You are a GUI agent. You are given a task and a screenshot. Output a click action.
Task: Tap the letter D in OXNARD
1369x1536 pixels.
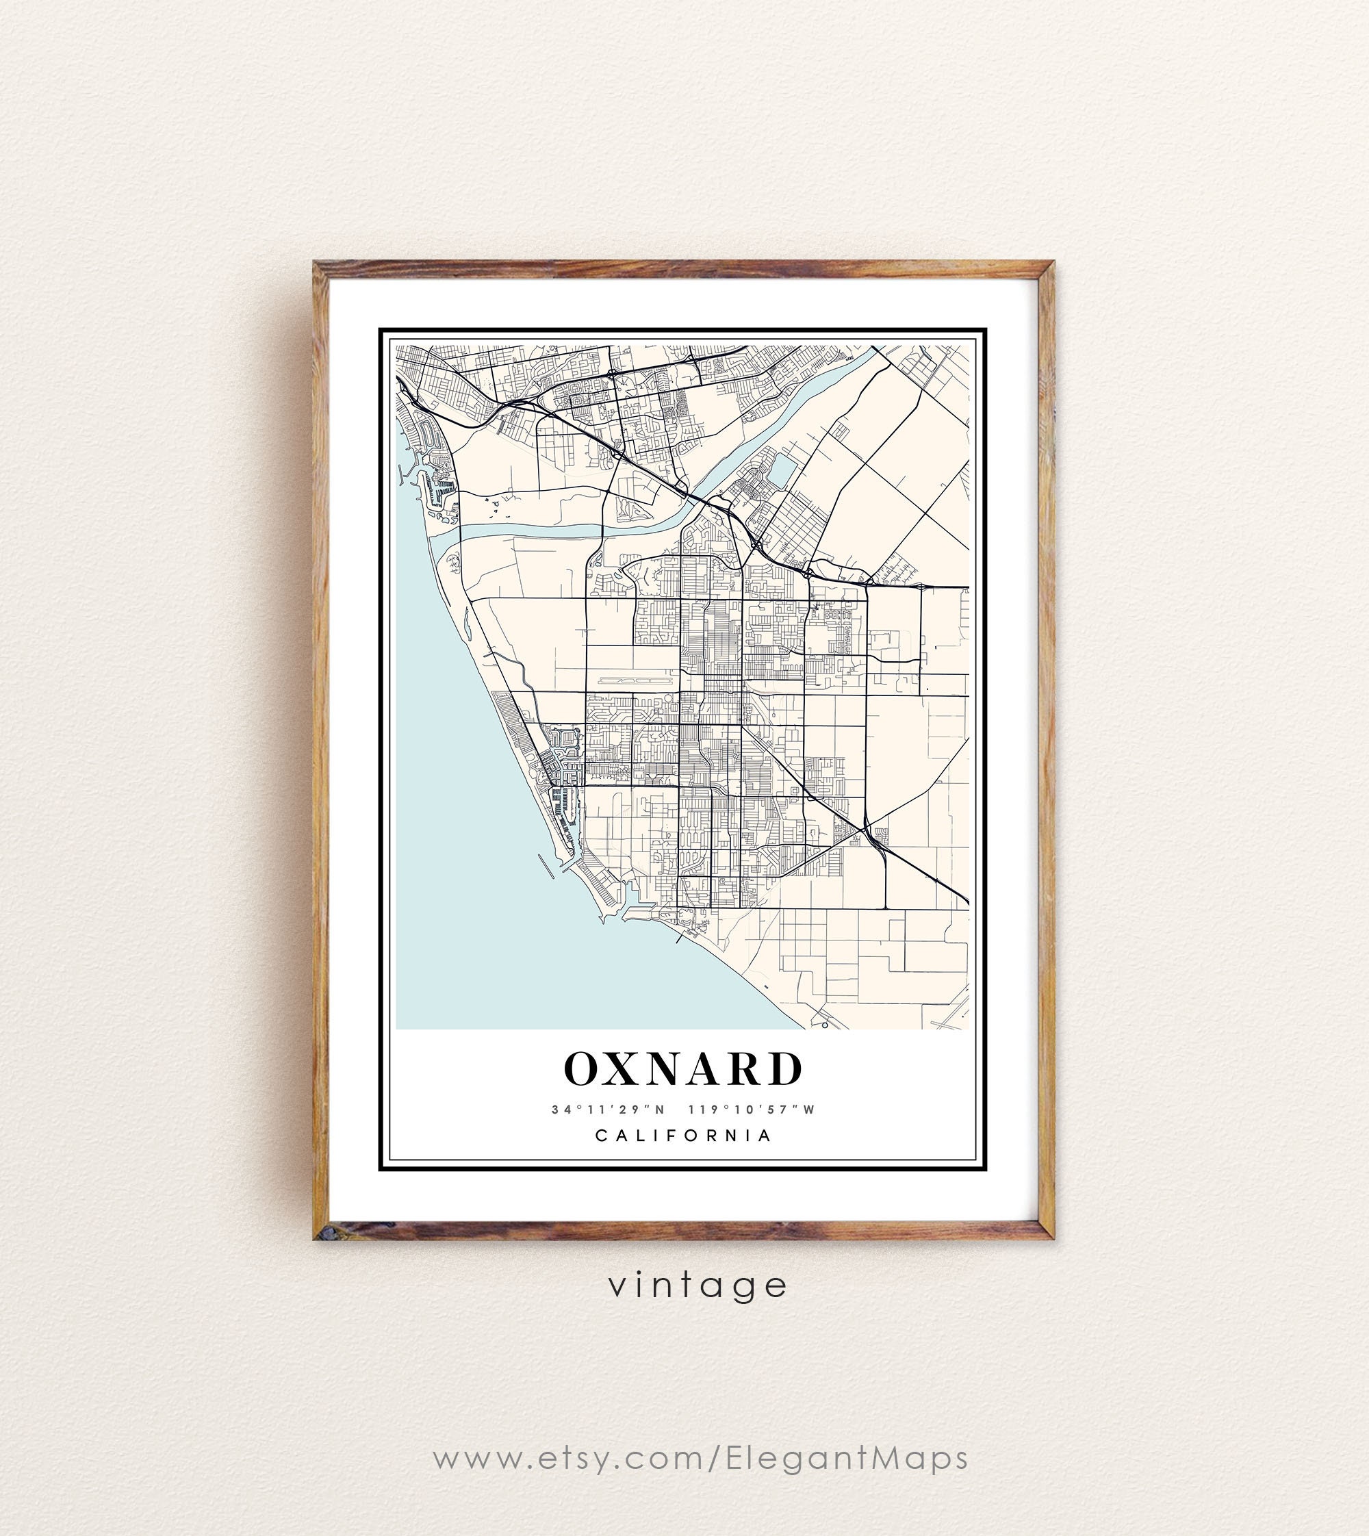(x=785, y=1069)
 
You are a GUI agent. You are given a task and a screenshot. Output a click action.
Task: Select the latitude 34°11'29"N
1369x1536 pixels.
(x=608, y=1110)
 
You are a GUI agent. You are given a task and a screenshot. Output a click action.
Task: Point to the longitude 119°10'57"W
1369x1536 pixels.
(x=752, y=1110)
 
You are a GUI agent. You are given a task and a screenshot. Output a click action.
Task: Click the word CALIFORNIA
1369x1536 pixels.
(x=684, y=1136)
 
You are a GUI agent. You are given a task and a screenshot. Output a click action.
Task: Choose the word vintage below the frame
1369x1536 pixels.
(x=698, y=1285)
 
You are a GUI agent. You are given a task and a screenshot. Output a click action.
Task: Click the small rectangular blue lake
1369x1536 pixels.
(x=783, y=472)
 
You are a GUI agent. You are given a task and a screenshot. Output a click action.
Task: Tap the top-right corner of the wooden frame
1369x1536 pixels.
(x=1052, y=264)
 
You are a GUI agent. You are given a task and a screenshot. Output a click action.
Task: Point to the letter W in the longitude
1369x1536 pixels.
(x=809, y=1110)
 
